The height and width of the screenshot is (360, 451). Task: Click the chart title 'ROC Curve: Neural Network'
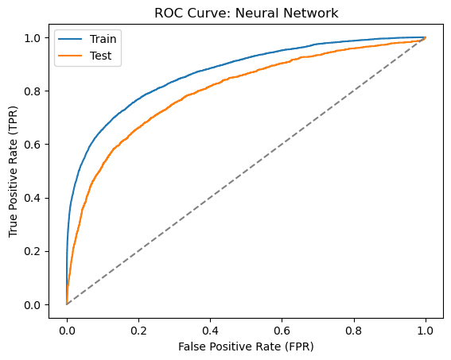(x=247, y=14)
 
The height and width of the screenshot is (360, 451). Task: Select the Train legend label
(x=103, y=39)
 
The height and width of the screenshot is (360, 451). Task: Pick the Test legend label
(x=100, y=56)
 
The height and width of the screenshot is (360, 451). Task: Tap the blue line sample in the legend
(x=70, y=39)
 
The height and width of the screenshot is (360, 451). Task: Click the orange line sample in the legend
(x=70, y=56)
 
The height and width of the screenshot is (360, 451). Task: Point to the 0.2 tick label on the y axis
(x=32, y=251)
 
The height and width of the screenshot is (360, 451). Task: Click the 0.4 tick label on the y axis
(x=32, y=198)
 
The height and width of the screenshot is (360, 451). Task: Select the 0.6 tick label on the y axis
(x=32, y=145)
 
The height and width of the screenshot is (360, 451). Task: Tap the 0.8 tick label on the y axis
(x=32, y=91)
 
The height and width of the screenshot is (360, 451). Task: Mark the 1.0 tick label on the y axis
(x=32, y=38)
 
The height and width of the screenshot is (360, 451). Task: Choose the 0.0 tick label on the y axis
(x=32, y=305)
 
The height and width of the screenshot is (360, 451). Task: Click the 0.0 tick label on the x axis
(x=67, y=331)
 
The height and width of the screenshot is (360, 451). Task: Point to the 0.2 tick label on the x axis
(x=138, y=331)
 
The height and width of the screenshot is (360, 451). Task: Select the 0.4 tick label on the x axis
(x=210, y=331)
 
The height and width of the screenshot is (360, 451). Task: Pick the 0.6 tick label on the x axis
(x=282, y=331)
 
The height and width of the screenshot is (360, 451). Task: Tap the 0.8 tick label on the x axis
(x=354, y=331)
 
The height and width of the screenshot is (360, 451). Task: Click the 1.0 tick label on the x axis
(x=426, y=331)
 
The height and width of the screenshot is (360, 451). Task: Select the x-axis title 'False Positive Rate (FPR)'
(x=246, y=346)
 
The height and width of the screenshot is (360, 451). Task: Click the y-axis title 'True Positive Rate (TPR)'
(x=14, y=172)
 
